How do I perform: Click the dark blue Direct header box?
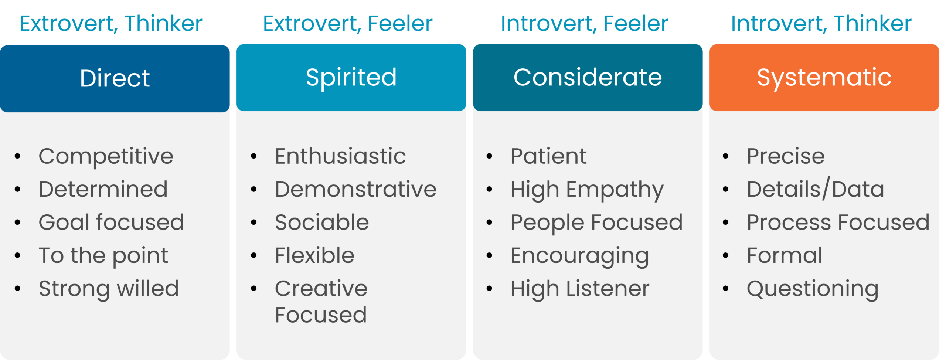click(115, 79)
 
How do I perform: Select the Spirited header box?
click(351, 78)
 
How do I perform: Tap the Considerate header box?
click(588, 78)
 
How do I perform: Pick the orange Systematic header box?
click(824, 78)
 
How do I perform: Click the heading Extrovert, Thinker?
click(111, 24)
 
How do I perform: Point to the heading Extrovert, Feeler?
click(348, 24)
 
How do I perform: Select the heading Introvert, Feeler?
click(585, 24)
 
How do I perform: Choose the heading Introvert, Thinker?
click(821, 24)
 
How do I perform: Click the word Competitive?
click(106, 157)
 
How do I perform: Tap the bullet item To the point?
click(103, 256)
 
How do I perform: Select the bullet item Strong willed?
click(109, 289)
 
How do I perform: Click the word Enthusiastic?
click(340, 156)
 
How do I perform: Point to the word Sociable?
click(322, 222)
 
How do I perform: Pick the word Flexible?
click(315, 255)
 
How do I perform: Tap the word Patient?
click(549, 156)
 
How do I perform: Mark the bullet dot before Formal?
click(725, 255)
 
